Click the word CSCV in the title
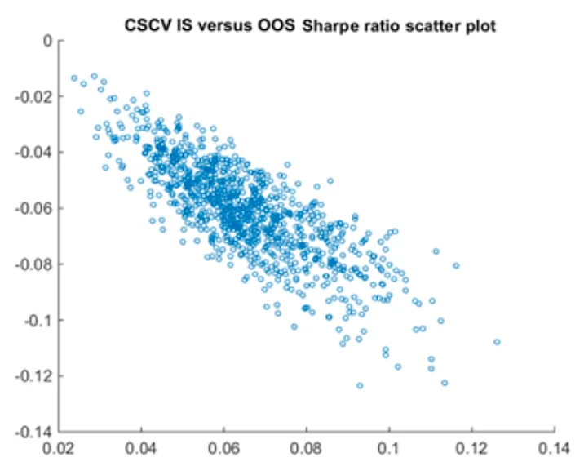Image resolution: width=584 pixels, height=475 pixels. pyautogui.click(x=145, y=26)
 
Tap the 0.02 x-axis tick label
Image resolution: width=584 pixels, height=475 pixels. pyautogui.click(x=59, y=449)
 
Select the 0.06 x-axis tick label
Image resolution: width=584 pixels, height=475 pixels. pyautogui.click(x=223, y=449)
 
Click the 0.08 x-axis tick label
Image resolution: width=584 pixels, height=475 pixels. pyautogui.click(x=307, y=449)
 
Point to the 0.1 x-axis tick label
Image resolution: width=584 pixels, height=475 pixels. pyautogui.click(x=389, y=449)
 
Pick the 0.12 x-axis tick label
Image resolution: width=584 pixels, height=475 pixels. pyautogui.click(x=471, y=449)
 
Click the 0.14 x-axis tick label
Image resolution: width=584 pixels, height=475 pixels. pyautogui.click(x=555, y=449)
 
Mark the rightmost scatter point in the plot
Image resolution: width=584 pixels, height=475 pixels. pyautogui.click(x=497, y=342)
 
